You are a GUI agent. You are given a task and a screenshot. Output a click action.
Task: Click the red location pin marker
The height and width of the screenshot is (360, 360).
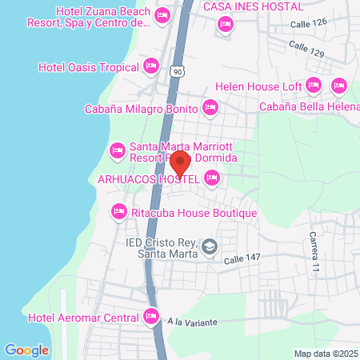coord(181,165)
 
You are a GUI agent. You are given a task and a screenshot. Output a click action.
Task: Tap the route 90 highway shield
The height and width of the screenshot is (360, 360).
coord(176,72)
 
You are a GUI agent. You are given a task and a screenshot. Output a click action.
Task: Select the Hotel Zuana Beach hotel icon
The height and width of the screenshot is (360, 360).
coord(163,15)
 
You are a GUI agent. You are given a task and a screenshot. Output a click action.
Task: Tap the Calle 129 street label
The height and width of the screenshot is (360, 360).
coord(306,52)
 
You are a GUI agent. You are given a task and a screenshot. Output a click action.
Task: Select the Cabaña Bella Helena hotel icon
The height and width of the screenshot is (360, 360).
coord(338,85)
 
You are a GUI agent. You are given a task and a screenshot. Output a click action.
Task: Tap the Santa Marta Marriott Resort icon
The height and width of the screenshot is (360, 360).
coord(117,150)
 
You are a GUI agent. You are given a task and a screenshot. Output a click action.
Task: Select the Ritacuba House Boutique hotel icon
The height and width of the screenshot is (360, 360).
coord(118,211)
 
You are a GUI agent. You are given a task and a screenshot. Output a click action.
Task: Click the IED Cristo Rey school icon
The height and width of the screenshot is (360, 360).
coord(210,247)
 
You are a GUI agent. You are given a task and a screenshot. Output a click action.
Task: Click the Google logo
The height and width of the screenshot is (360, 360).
coord(26,350)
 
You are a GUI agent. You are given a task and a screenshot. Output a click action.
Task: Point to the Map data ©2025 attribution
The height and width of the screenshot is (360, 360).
coord(324,354)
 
